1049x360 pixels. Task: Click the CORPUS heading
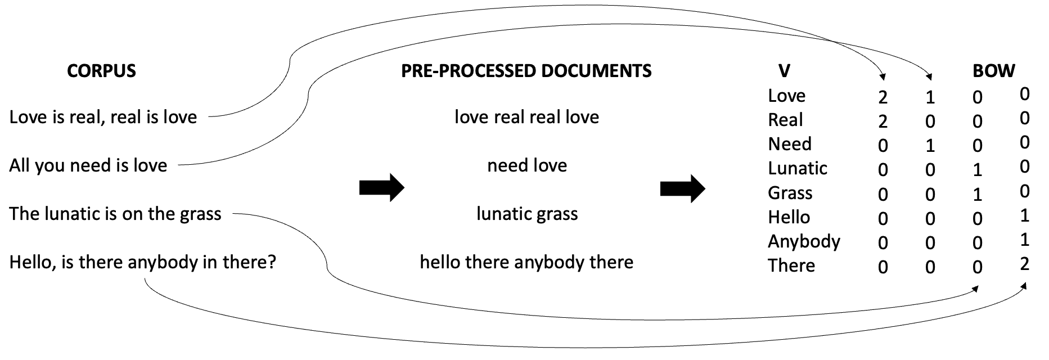tap(101, 71)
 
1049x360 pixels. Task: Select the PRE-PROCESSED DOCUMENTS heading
tap(526, 71)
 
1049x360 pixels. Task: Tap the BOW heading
tap(993, 71)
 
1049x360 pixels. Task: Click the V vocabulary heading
tap(784, 71)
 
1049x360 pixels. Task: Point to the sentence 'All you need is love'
tap(88, 165)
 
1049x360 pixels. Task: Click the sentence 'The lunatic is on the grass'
tap(115, 214)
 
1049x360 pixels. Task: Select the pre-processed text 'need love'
tap(527, 165)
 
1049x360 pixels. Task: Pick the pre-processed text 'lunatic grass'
tap(527, 214)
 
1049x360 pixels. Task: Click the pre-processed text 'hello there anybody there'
tap(526, 262)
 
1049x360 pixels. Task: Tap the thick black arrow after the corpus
tap(381, 187)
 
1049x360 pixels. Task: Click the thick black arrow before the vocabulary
tap(682, 187)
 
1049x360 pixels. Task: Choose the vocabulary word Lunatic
tap(797, 168)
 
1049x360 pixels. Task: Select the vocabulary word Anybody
tap(804, 241)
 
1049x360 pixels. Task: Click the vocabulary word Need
tap(789, 144)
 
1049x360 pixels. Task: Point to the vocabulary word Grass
tap(790, 193)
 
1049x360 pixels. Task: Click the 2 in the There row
tap(1024, 264)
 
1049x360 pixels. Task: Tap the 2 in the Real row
tap(883, 121)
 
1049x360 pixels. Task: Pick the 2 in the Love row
tap(883, 97)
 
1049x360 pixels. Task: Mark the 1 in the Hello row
tap(1024, 215)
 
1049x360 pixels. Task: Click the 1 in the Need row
tap(930, 146)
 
